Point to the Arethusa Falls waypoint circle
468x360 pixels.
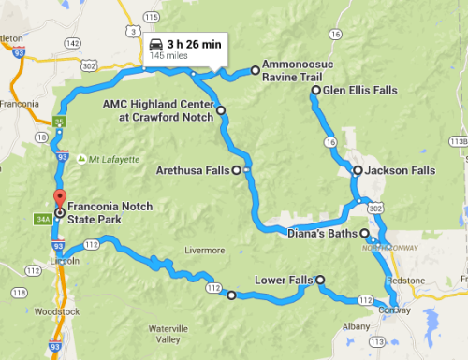pos(236,170)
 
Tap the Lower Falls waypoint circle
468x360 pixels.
pos(320,280)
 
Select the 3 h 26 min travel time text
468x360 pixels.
pos(194,43)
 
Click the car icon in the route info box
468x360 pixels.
pos(156,43)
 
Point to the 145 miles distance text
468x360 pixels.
pos(166,56)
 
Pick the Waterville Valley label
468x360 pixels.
pos(168,332)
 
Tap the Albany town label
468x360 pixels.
pos(357,325)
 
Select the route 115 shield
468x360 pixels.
pos(151,18)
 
